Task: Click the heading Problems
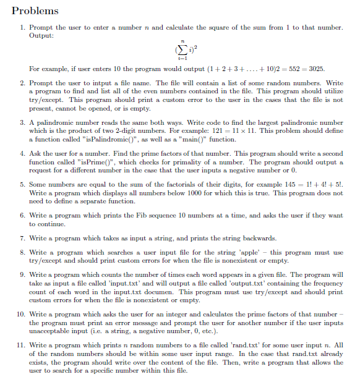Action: [x=35, y=11]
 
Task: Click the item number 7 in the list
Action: [x=22, y=239]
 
